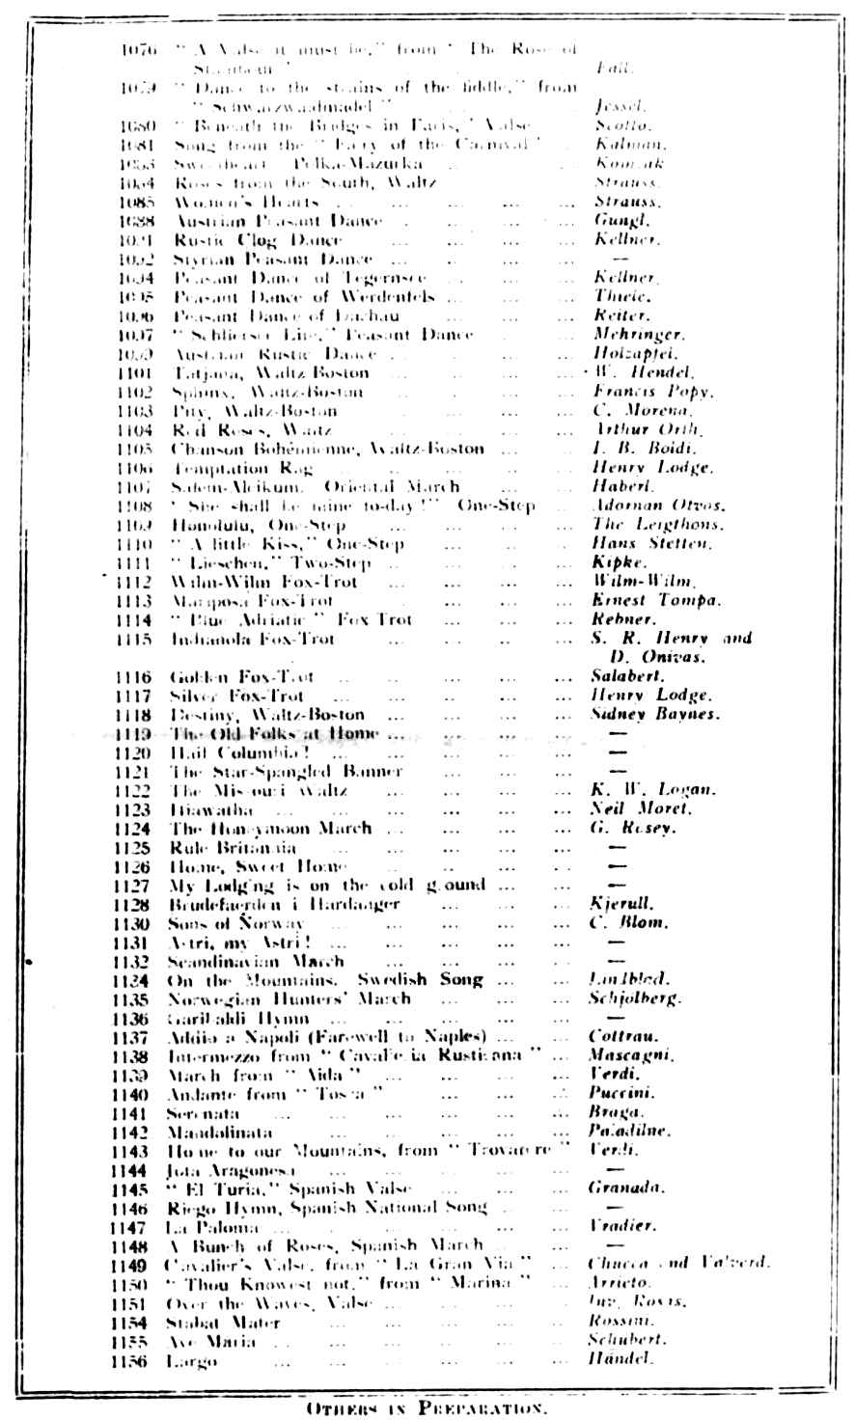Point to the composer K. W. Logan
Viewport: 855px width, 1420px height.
click(x=639, y=790)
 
